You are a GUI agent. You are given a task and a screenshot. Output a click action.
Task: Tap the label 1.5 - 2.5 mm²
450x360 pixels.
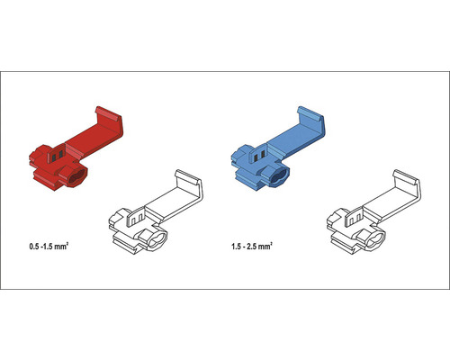[x=252, y=247]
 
